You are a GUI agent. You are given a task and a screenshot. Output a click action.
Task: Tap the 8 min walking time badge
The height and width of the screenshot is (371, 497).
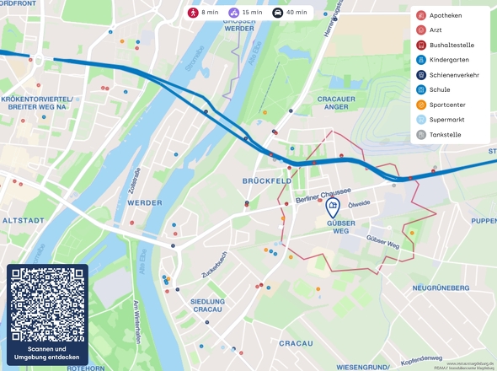[x=205, y=13]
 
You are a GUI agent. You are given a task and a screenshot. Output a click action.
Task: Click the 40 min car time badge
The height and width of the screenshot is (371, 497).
[x=291, y=13]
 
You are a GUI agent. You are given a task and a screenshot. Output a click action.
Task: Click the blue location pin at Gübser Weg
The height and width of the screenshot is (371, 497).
[x=334, y=207]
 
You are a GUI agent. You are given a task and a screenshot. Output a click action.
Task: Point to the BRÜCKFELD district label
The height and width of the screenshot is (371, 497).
[x=266, y=181]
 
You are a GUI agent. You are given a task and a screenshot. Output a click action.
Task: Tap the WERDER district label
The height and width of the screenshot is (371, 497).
[x=144, y=203]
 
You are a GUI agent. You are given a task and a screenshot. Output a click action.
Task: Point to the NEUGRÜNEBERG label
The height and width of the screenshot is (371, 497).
[x=440, y=288]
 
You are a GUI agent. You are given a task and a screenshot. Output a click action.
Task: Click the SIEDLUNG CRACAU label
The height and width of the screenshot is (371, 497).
[x=207, y=305]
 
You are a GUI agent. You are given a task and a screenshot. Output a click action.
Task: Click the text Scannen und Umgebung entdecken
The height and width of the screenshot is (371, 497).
[x=47, y=352]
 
